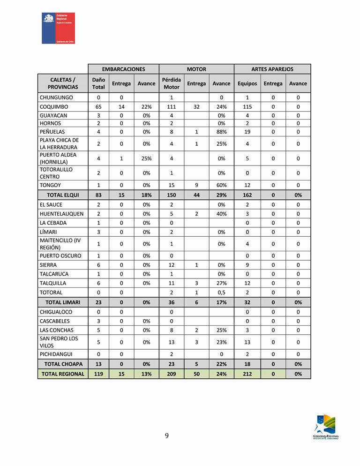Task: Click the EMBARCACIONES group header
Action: (123, 69)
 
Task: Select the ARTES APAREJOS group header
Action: (272, 69)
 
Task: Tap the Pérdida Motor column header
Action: (171, 83)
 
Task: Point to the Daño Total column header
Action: (98, 83)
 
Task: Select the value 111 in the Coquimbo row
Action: (171, 106)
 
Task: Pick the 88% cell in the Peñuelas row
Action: (221, 132)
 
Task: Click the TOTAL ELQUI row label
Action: (63, 195)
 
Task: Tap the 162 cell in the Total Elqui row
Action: (247, 195)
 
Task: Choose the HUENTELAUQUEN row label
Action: (61, 214)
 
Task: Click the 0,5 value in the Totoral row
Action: (221, 293)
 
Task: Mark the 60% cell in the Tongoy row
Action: (221, 185)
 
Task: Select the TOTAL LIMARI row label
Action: (63, 302)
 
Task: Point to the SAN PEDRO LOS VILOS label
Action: (59, 342)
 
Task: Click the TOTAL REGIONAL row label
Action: (63, 374)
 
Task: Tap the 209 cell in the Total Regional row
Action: (171, 374)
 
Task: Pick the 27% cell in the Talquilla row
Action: (221, 283)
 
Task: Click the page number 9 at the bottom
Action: (167, 436)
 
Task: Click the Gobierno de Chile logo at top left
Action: (58, 28)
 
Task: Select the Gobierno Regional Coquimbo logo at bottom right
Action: (325, 427)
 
